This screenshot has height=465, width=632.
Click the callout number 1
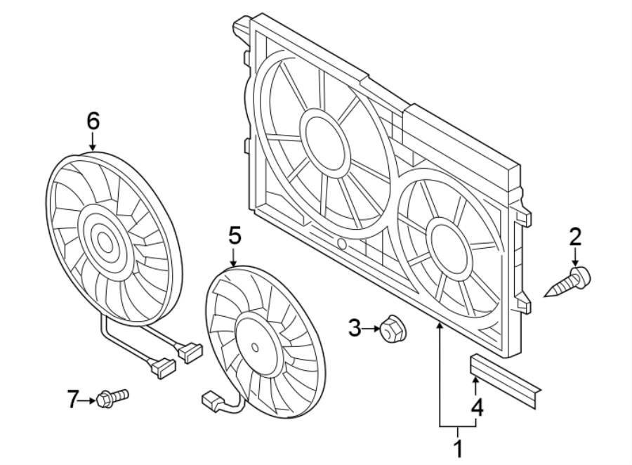[458, 447]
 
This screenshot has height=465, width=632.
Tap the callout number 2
[575, 237]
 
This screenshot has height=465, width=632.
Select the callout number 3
[355, 326]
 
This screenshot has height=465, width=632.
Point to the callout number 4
[477, 407]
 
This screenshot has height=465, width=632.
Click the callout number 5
[235, 235]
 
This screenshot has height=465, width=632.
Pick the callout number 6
[93, 121]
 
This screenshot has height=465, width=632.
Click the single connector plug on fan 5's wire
[211, 401]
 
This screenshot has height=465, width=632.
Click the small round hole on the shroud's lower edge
[341, 244]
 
